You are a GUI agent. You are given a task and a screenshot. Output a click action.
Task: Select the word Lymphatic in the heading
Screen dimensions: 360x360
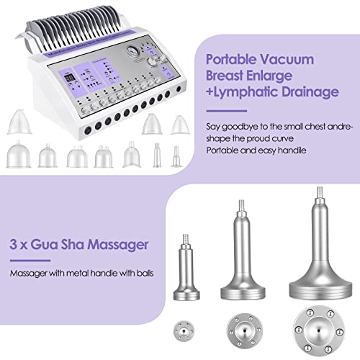click(261, 93)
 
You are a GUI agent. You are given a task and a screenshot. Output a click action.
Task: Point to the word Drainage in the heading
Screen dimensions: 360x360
click(318, 93)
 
